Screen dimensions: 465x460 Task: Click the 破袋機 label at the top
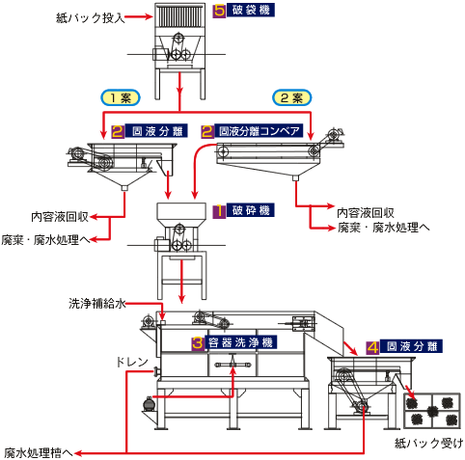(251, 11)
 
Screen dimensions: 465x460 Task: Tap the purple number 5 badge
(220, 11)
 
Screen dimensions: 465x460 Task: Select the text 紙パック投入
(91, 17)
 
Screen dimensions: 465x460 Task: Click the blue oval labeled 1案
(121, 97)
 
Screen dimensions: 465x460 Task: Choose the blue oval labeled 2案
(292, 97)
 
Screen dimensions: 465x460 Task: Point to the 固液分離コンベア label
(259, 131)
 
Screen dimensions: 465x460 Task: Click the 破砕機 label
(251, 210)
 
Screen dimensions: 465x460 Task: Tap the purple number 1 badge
(219, 211)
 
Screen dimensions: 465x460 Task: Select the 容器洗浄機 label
(240, 342)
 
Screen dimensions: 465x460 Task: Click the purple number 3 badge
(198, 343)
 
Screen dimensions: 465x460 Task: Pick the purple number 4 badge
(373, 347)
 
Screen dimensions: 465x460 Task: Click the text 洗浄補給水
(96, 304)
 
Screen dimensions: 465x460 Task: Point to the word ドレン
(132, 363)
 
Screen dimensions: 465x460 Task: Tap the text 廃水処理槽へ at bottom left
(39, 453)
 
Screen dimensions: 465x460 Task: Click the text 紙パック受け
(428, 444)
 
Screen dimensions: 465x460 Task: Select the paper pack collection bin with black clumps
(432, 411)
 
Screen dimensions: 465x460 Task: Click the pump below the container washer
(149, 404)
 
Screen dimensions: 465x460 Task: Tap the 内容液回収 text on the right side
(366, 213)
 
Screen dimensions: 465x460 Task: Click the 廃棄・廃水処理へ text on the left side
(45, 240)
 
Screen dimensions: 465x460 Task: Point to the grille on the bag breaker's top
(179, 17)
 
